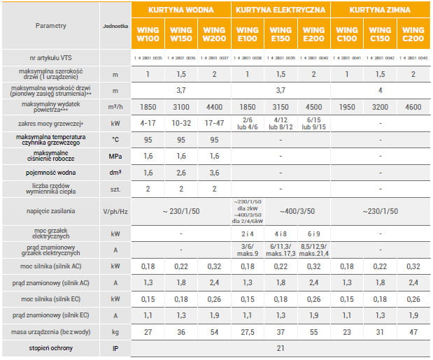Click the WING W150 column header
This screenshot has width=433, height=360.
click(x=181, y=35)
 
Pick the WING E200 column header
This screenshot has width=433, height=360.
click(x=313, y=35)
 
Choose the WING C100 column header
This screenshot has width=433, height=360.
click(x=347, y=35)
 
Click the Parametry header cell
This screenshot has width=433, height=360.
click(x=50, y=25)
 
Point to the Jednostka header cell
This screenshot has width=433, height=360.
click(x=115, y=25)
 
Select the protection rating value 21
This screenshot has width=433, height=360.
click(x=280, y=347)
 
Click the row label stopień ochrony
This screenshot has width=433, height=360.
click(x=50, y=347)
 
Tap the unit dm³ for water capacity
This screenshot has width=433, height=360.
click(x=115, y=172)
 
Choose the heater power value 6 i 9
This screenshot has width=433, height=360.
click(x=313, y=232)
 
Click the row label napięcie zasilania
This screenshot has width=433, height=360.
click(x=50, y=210)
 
